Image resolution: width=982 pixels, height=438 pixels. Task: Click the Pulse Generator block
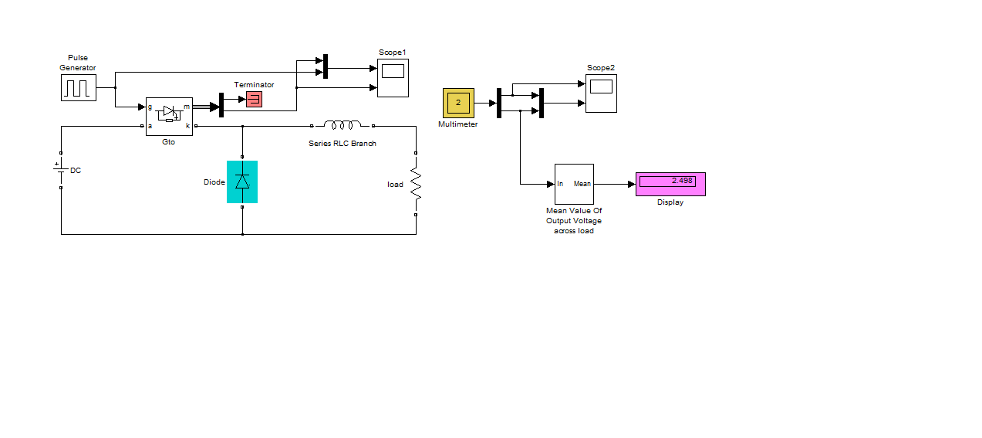coord(79,88)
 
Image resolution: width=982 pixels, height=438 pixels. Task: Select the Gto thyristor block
coord(169,117)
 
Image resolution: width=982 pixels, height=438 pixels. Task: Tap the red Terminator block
coord(255,99)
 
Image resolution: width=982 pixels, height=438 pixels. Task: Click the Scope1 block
coord(393,78)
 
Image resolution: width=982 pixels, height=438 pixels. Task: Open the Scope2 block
coord(602,93)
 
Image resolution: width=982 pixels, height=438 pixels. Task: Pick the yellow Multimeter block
coord(458,104)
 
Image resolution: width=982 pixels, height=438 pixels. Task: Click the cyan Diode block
coord(242,182)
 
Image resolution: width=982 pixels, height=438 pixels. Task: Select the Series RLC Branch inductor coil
coord(343,125)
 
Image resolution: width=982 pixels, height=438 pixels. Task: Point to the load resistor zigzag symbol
coord(416,184)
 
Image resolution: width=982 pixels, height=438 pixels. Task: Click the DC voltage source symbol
coord(61,170)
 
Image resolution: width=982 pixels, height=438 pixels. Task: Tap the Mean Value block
coord(574,185)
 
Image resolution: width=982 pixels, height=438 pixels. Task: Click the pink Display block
coord(671,185)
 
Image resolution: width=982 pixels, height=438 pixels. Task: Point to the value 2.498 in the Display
coord(682,181)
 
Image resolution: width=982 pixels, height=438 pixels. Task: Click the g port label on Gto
coord(150,107)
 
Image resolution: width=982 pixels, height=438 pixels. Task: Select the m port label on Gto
coord(187,107)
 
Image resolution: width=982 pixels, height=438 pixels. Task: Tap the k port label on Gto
coord(188,126)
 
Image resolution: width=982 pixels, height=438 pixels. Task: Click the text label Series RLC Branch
coord(343,144)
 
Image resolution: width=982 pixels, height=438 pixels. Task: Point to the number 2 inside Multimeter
coord(458,102)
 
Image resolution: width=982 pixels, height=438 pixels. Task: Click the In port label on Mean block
coord(560,184)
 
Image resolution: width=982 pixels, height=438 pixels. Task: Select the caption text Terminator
coord(254,85)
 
